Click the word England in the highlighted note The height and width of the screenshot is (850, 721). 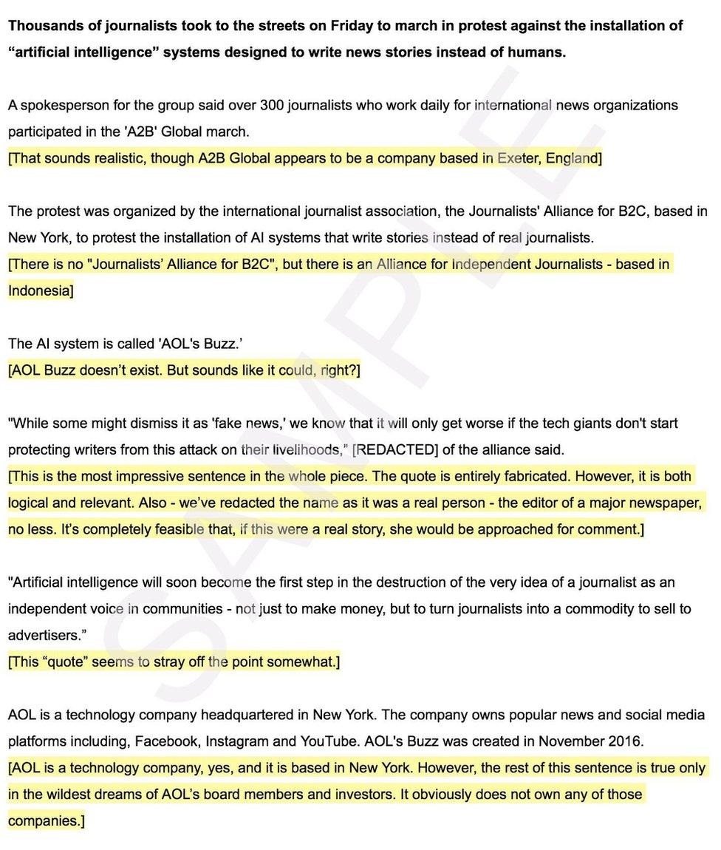click(x=572, y=158)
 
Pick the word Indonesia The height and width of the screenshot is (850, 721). click(x=38, y=290)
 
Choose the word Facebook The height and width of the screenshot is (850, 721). click(x=172, y=741)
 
